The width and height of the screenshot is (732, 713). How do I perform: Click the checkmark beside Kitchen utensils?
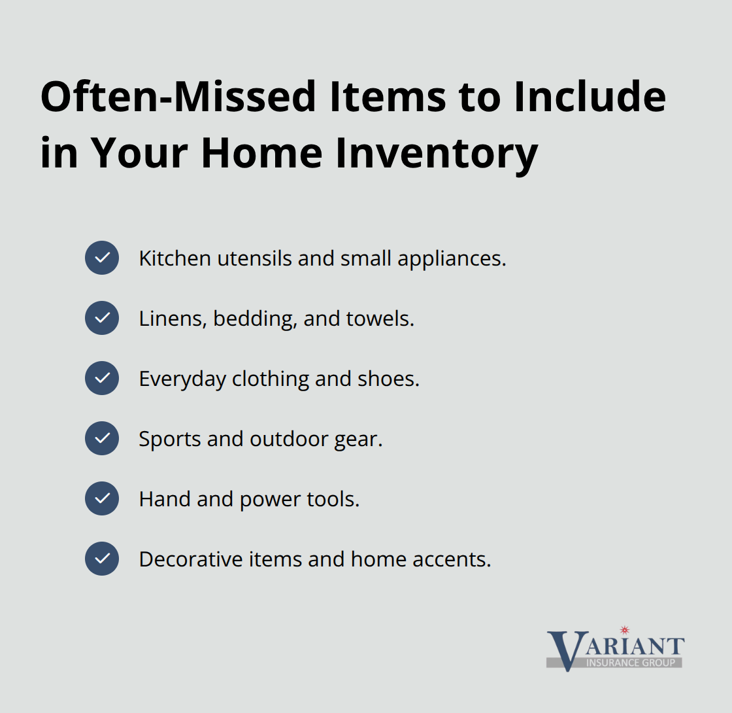tap(102, 258)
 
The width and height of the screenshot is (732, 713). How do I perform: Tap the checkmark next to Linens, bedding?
tap(102, 318)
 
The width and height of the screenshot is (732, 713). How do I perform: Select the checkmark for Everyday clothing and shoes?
tap(102, 378)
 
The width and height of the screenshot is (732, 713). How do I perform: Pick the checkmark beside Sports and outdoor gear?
tap(102, 438)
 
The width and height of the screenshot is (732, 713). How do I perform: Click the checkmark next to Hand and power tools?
tap(102, 498)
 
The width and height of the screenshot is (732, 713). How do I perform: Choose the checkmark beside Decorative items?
tap(102, 559)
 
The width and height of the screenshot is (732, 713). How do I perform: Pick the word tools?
tap(333, 499)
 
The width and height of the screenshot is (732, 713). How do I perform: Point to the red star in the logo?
tap(624, 630)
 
